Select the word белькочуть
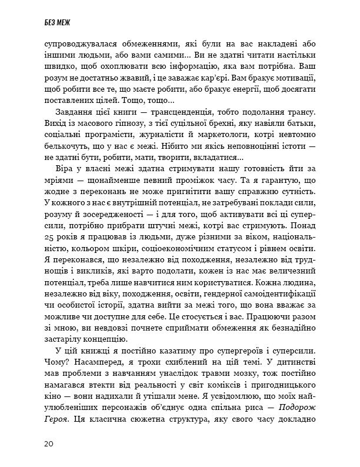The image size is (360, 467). pyautogui.click(x=63, y=146)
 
